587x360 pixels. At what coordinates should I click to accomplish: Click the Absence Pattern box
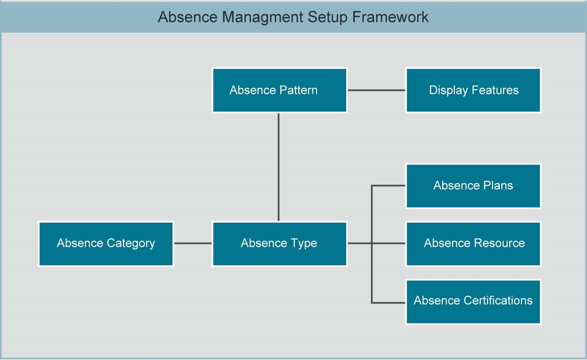tap(279, 90)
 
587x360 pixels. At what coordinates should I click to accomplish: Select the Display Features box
tap(473, 90)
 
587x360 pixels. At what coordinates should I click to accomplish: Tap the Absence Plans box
tap(473, 186)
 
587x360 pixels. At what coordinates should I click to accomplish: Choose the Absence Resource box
tap(473, 244)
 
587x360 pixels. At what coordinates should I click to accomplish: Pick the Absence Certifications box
tap(473, 301)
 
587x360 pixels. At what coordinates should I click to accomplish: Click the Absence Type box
tap(279, 244)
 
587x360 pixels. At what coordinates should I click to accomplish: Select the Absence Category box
tap(106, 244)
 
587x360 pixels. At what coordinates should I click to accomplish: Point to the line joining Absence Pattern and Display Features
tap(376, 90)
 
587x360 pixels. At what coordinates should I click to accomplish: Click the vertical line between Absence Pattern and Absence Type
tap(279, 167)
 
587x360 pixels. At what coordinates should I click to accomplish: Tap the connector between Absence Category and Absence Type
tap(193, 243)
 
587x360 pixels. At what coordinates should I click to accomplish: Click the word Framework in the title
tap(390, 17)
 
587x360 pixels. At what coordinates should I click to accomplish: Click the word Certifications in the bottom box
tap(498, 301)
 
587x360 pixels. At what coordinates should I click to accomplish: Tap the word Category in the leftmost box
tap(130, 244)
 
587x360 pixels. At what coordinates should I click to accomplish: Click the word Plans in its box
tap(498, 186)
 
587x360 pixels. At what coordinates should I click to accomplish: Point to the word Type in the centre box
tap(304, 244)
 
